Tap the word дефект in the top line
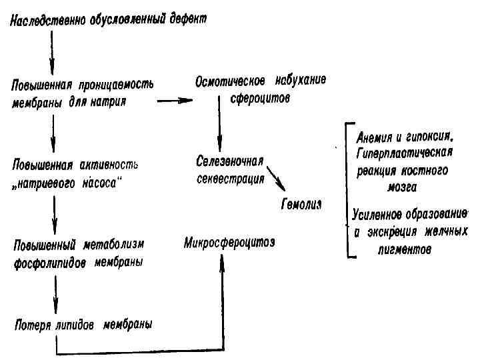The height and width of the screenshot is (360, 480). click(x=187, y=19)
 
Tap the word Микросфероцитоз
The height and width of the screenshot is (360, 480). click(x=229, y=239)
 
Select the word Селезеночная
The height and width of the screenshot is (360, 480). click(x=231, y=162)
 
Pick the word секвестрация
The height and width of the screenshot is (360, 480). click(x=230, y=179)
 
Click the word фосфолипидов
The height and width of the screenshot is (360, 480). click(x=48, y=262)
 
